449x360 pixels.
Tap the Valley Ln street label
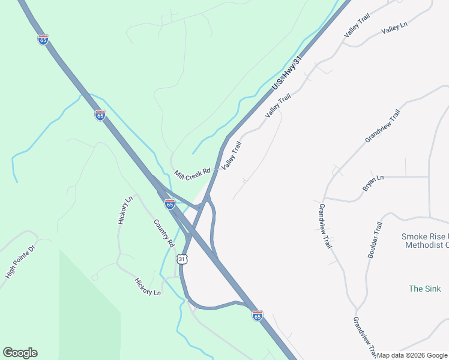[394, 28]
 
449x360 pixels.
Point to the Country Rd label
[163, 233]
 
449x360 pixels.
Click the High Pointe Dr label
[21, 264]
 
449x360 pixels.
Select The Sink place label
[425, 289]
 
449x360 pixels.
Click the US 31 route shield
[182, 259]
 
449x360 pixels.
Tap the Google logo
[20, 353]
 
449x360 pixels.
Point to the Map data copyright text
[412, 355]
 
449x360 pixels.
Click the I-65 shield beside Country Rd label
[170, 205]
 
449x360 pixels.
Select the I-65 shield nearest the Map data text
[258, 316]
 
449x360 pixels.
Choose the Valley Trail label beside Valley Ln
[356, 28]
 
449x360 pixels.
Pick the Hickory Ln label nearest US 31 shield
[148, 286]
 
